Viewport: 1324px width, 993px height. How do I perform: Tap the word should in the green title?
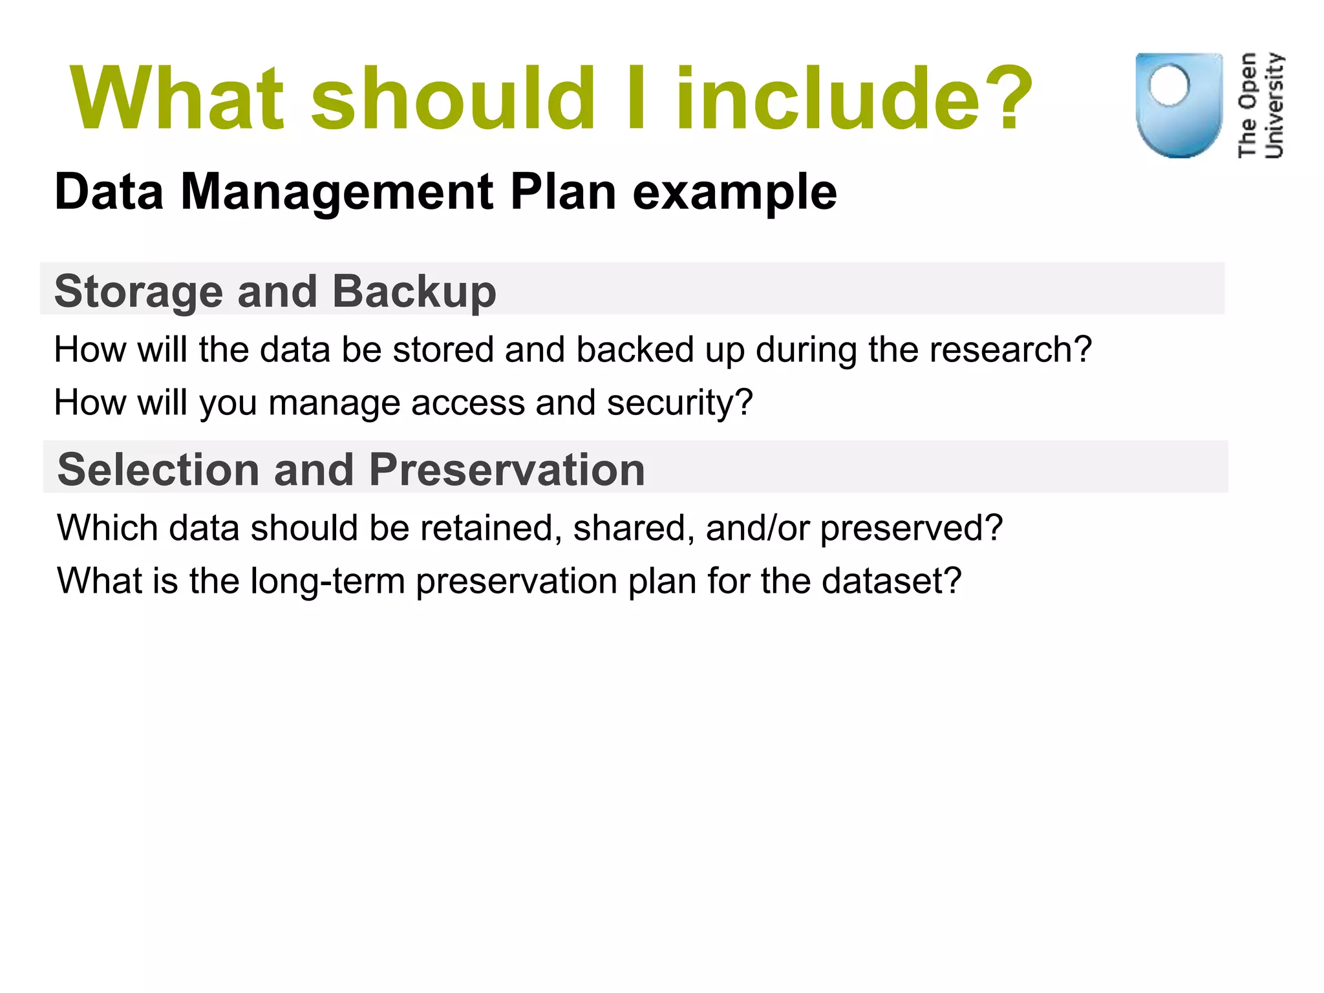[453, 98]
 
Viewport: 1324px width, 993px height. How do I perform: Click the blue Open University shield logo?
[1179, 105]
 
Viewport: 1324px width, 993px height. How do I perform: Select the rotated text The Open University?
[1260, 105]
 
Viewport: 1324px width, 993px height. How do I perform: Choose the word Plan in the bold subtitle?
[563, 192]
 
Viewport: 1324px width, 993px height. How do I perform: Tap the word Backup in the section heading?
[414, 292]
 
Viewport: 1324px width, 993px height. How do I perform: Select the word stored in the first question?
[443, 350]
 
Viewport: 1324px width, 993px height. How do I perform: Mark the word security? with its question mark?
[679, 403]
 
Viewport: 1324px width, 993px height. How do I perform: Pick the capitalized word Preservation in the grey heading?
[507, 469]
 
